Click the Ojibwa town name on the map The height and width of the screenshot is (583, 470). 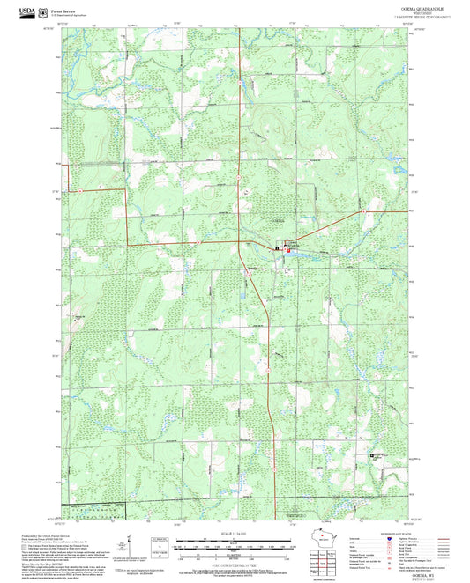[277, 218]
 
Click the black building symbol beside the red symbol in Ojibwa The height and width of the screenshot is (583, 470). [278, 249]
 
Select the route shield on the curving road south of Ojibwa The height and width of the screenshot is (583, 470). [250, 274]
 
